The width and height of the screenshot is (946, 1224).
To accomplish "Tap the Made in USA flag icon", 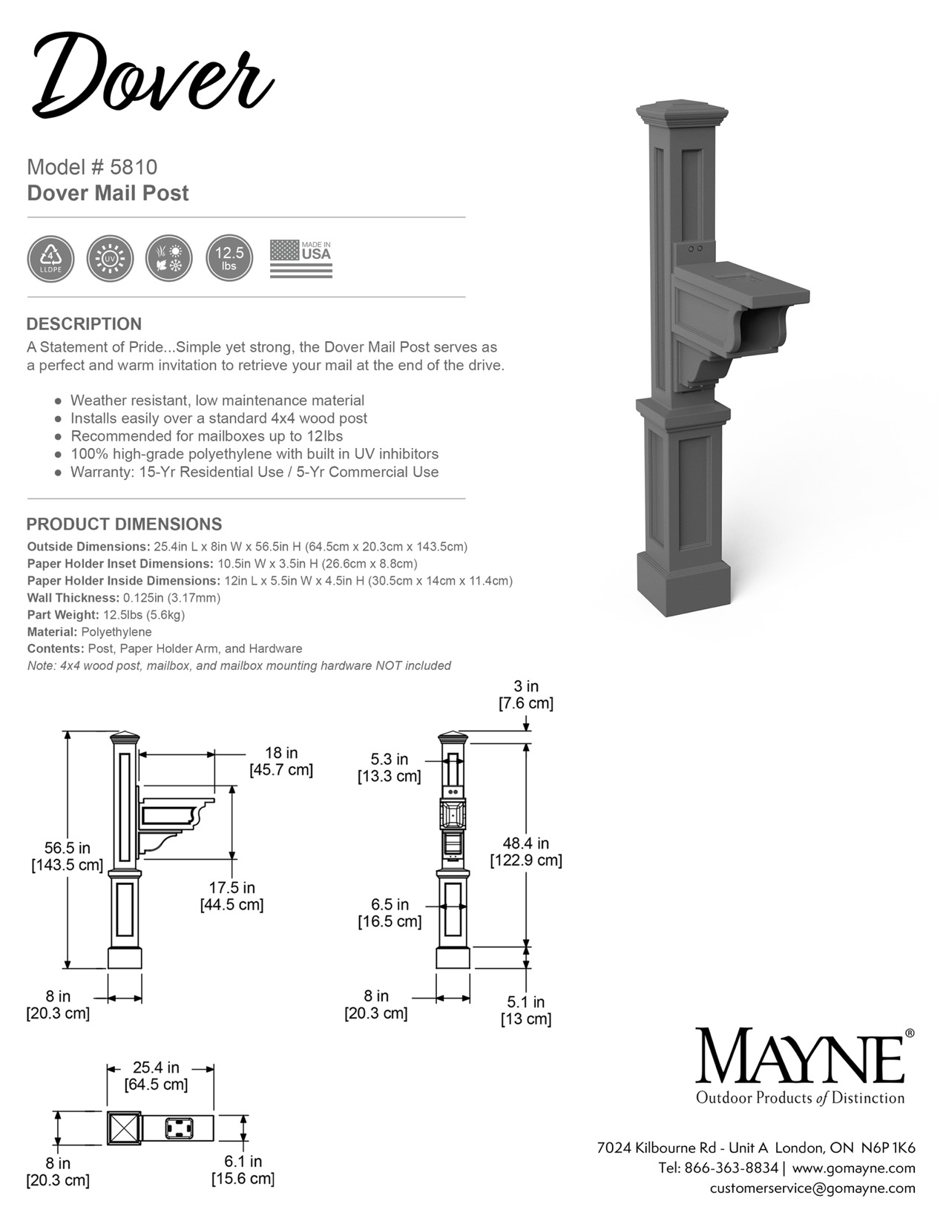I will [x=300, y=259].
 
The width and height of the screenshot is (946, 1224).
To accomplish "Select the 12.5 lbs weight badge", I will [x=229, y=259].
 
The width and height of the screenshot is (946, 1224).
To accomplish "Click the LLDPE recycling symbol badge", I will [x=50, y=259].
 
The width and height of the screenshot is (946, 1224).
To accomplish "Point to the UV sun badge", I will [x=110, y=259].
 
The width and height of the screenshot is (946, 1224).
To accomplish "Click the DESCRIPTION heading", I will [x=84, y=324].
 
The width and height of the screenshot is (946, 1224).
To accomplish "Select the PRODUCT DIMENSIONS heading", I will [x=124, y=524].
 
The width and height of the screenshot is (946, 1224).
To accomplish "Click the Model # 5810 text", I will [x=92, y=167].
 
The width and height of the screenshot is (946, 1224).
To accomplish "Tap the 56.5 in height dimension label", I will [x=67, y=856].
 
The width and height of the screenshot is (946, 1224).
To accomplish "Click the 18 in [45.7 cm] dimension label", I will [x=281, y=762].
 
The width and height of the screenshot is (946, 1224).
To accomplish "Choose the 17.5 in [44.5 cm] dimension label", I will [x=231, y=896].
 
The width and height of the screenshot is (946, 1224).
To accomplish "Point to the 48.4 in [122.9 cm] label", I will [x=525, y=852].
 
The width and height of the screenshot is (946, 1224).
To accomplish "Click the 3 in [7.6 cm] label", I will [x=526, y=694].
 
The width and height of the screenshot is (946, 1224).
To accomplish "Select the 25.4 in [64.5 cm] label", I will [x=156, y=1076].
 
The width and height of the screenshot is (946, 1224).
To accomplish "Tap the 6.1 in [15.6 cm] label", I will [x=243, y=1170].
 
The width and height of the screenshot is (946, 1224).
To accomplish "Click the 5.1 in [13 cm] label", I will [x=526, y=1010].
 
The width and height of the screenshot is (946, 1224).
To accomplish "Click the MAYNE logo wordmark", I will [x=800, y=1056].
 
